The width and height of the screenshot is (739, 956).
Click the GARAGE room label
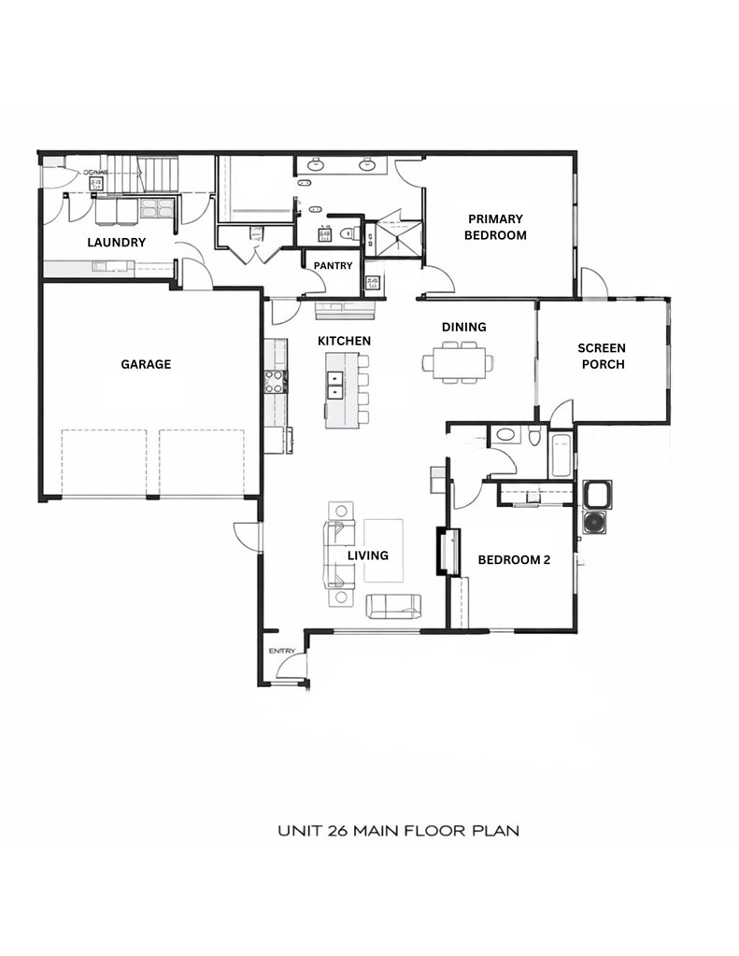(x=146, y=364)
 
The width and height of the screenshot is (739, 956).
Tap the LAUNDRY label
(x=117, y=243)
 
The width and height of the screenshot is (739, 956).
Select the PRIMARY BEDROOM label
(x=495, y=227)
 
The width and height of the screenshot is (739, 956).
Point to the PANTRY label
(x=333, y=266)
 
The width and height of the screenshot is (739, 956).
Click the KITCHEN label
(x=344, y=341)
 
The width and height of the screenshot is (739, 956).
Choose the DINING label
(x=463, y=327)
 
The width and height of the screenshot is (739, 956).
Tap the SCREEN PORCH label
(x=603, y=356)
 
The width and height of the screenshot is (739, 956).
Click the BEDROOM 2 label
(x=514, y=560)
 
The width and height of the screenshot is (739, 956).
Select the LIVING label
(x=367, y=555)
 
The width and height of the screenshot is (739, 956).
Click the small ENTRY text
(x=281, y=651)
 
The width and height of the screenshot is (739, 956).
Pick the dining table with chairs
(x=457, y=361)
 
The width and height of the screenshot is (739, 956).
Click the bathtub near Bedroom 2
(x=561, y=455)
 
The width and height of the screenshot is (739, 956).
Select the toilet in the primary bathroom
(x=348, y=234)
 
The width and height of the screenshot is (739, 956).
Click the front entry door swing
(x=293, y=668)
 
